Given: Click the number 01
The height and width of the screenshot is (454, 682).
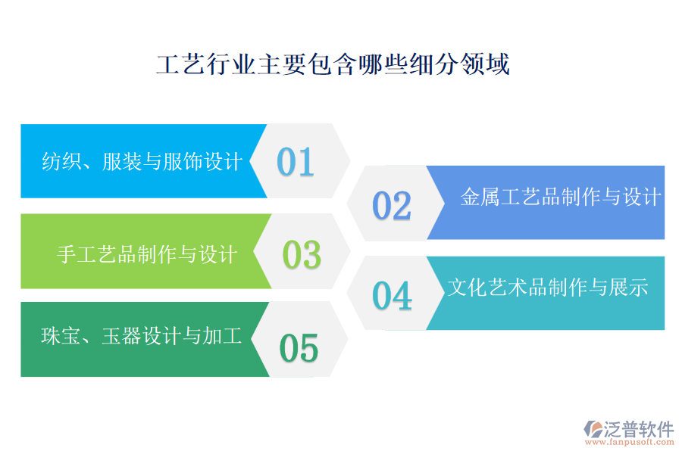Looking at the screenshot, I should [296, 161].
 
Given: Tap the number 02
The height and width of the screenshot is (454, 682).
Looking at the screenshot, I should [392, 206].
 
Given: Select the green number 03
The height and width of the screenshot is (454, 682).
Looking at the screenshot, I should [302, 255].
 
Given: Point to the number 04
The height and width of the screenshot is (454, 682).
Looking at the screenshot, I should [392, 296].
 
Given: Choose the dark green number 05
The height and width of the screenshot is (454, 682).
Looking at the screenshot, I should [299, 348].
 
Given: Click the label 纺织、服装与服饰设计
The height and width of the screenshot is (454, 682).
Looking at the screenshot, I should [142, 161].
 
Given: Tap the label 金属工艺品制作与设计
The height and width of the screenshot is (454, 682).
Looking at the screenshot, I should [561, 197].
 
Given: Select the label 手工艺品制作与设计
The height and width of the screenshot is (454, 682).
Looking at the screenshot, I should [147, 254].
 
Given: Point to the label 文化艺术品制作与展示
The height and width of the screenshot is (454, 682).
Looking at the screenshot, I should [547, 288].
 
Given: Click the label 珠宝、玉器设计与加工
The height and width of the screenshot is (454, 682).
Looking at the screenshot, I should [142, 336].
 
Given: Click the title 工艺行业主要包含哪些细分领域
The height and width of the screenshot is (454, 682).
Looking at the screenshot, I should [333, 65].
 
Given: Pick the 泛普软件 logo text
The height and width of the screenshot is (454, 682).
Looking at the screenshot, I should [638, 430].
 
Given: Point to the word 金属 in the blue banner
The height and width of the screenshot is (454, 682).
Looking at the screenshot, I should [480, 197].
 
